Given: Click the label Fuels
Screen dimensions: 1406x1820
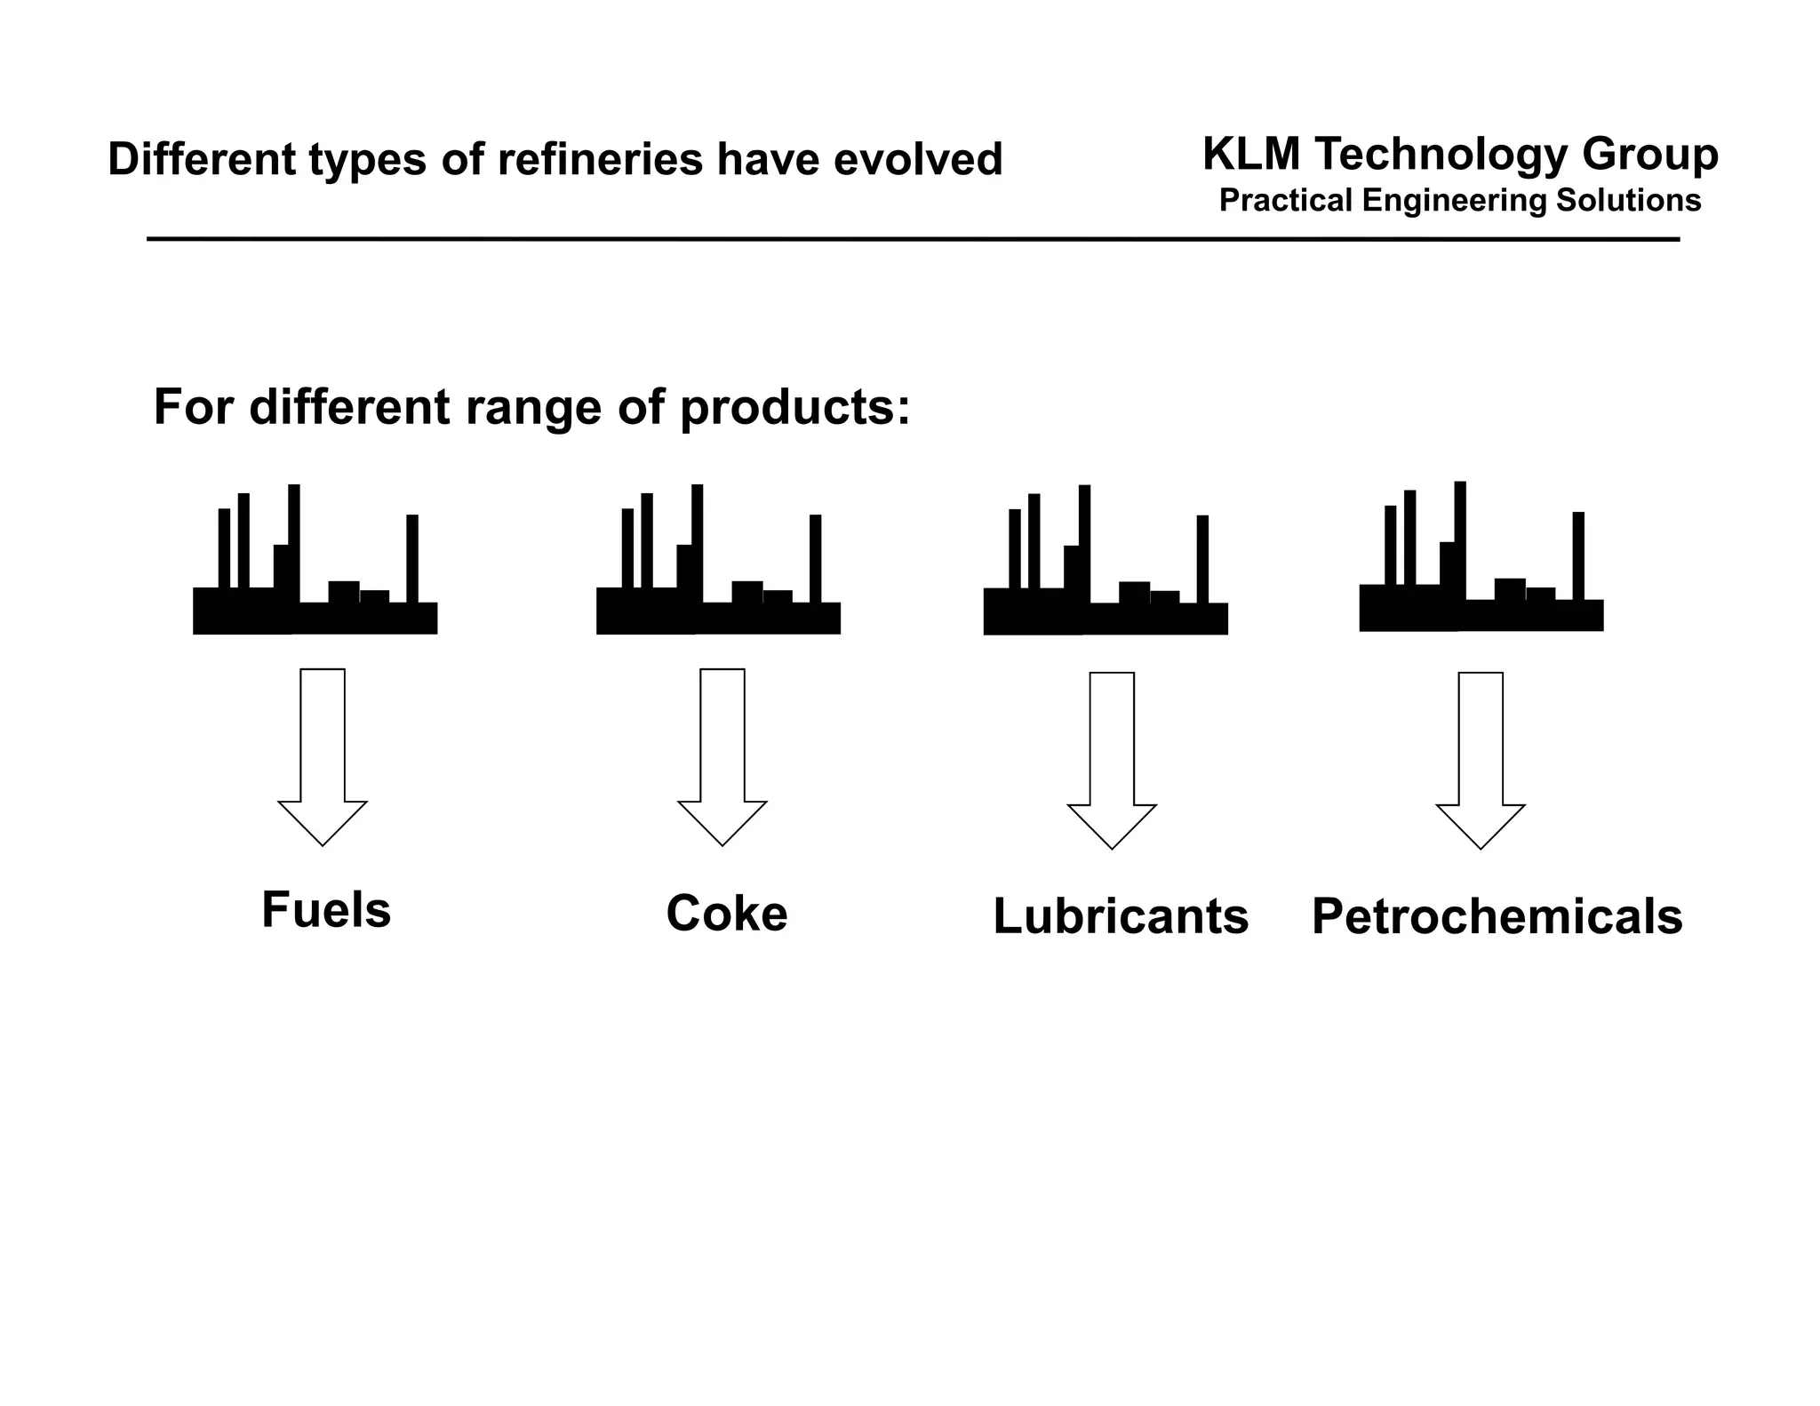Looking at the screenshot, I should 326,911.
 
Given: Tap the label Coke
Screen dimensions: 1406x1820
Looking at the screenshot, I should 727,915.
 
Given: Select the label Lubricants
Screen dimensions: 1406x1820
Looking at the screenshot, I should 1121,916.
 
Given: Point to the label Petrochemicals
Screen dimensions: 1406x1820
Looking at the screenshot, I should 1497,917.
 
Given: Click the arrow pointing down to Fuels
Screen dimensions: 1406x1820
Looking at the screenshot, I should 323,755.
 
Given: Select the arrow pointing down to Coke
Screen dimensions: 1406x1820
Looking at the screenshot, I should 722,755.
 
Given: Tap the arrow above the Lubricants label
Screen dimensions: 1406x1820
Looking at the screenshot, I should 1112,759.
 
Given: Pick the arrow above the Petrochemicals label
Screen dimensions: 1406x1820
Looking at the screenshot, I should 1481,759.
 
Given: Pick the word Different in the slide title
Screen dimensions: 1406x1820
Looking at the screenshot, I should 201,160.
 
